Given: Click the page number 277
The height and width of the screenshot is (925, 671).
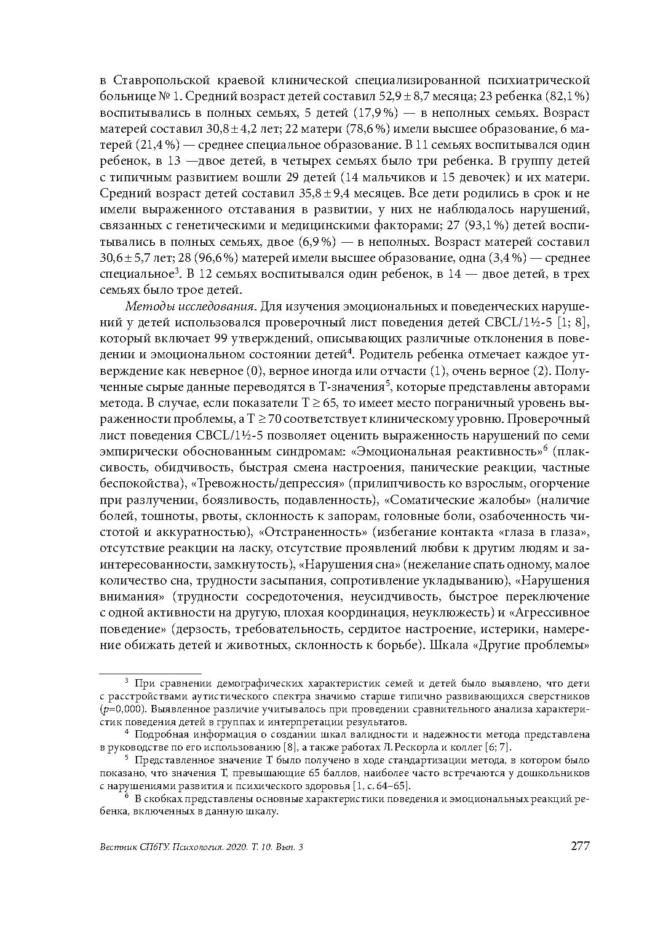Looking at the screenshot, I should pos(580,846).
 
